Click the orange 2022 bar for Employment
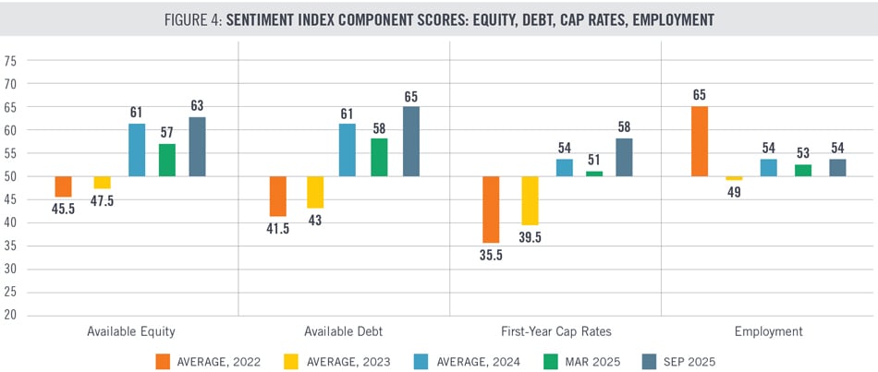click(x=701, y=141)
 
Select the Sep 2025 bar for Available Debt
click(x=411, y=141)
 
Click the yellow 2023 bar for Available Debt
click(x=315, y=192)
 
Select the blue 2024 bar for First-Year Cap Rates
click(x=564, y=167)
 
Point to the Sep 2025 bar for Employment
click(x=837, y=167)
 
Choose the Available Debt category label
click(x=344, y=330)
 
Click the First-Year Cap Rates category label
click(x=555, y=330)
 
